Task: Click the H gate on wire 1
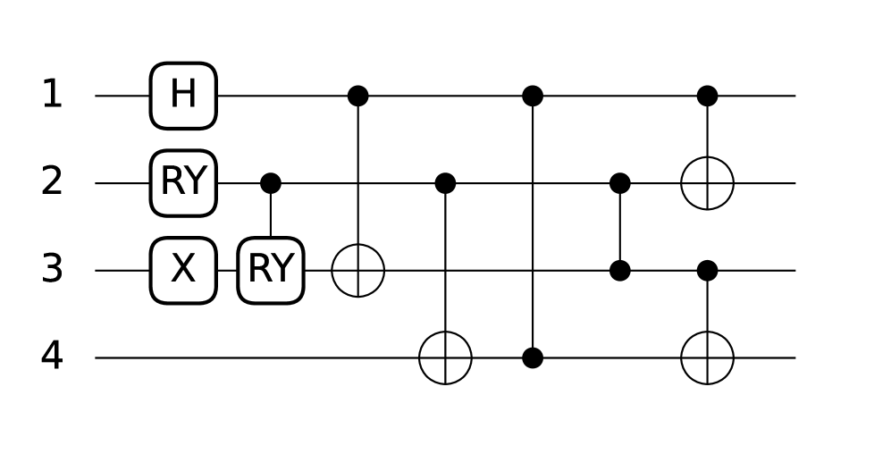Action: pyautogui.click(x=183, y=96)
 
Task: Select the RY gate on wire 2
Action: pyautogui.click(x=183, y=183)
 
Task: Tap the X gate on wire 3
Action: pyautogui.click(x=183, y=270)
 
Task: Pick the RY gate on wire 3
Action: pyautogui.click(x=271, y=270)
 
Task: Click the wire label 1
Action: pyautogui.click(x=52, y=96)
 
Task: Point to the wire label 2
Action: pyautogui.click(x=52, y=183)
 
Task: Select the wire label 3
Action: pyautogui.click(x=52, y=270)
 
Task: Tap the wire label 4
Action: pyautogui.click(x=52, y=357)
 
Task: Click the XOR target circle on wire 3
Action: pyautogui.click(x=357, y=270)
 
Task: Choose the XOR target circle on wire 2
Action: pyautogui.click(x=707, y=183)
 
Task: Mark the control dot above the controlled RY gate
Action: pyautogui.click(x=271, y=183)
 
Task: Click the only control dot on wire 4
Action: pyautogui.click(x=533, y=357)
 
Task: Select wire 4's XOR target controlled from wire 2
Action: pyautogui.click(x=445, y=357)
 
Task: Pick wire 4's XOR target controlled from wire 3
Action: pyautogui.click(x=707, y=357)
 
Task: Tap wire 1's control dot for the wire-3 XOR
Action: pyautogui.click(x=357, y=96)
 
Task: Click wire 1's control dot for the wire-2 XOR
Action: pyautogui.click(x=707, y=96)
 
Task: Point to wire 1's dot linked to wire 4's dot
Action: pyautogui.click(x=533, y=96)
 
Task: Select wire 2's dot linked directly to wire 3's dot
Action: pyautogui.click(x=620, y=183)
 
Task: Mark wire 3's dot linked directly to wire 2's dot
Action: pyautogui.click(x=620, y=270)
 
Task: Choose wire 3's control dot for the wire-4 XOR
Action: pyautogui.click(x=707, y=270)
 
